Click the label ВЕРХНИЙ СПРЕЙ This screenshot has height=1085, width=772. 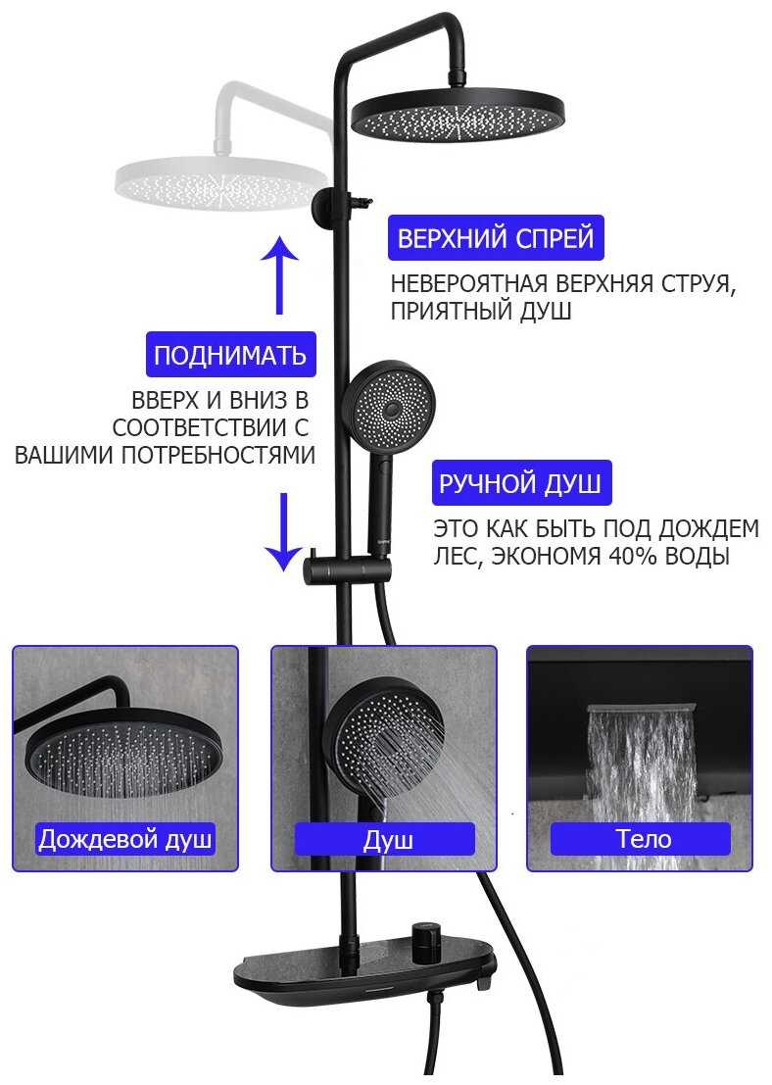[x=496, y=238]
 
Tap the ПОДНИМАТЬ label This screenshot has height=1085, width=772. [x=230, y=354]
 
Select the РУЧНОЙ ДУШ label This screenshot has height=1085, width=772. [x=521, y=483]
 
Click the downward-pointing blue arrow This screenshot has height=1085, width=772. [x=282, y=531]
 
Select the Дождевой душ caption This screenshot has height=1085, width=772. [x=124, y=839]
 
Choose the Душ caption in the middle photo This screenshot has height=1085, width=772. [x=385, y=839]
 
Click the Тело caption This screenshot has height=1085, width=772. [x=642, y=839]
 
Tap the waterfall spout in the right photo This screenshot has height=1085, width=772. [x=640, y=709]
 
